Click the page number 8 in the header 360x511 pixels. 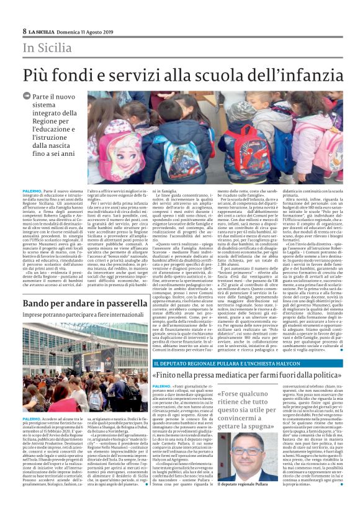[24, 31]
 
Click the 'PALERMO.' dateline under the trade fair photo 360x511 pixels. [32, 418]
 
